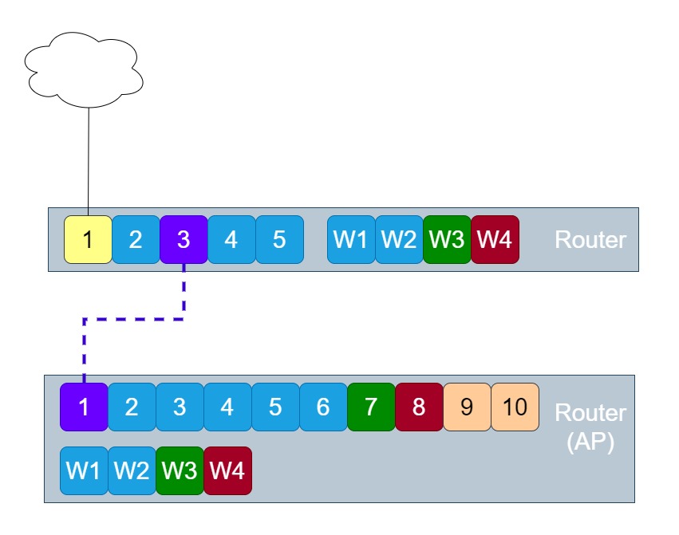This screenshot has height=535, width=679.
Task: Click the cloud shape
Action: pos(85,70)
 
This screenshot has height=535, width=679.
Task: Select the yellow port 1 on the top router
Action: pos(88,239)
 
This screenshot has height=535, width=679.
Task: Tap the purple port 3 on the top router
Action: pos(184,239)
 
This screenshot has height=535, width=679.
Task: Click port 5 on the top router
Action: pos(279,239)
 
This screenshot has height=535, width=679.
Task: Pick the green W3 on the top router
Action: pos(447,239)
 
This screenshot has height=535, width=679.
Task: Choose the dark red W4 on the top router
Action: pos(495,239)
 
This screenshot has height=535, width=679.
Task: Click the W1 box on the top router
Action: pos(351,239)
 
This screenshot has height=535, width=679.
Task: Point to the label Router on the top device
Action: pos(590,239)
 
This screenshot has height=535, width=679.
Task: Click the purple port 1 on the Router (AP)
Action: pos(84,407)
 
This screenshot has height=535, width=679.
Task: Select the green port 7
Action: pos(371,407)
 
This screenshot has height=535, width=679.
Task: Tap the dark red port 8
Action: pos(419,407)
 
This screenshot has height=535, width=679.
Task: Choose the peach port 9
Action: pos(467,407)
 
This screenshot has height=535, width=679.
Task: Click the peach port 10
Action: pos(515,407)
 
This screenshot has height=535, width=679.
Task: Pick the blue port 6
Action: pos(323,407)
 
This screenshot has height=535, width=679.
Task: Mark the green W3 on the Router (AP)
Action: pos(180,470)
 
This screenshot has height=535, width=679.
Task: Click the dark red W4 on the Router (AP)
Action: pos(227,470)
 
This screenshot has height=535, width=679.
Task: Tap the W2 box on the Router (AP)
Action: pos(132,470)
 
